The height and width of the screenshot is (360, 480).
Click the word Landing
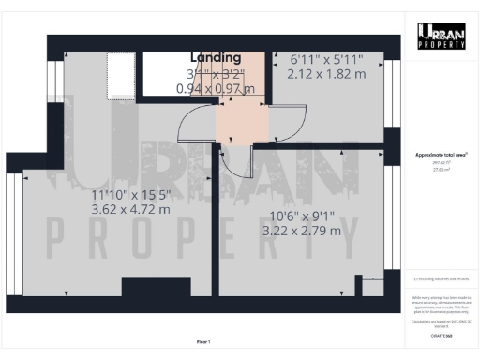click(216, 58)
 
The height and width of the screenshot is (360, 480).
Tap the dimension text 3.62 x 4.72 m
click(130, 209)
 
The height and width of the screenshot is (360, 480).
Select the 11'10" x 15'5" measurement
click(130, 194)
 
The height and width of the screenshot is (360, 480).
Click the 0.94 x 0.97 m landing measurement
click(216, 89)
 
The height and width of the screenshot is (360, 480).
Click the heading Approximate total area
click(441, 155)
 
